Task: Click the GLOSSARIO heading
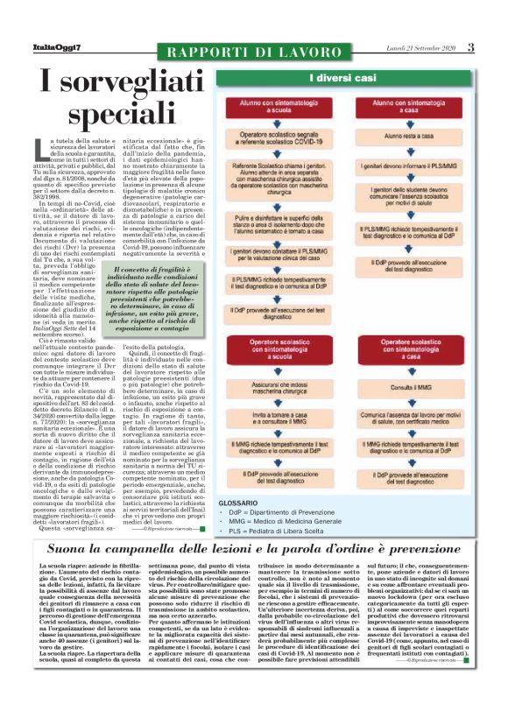pyautogui.click(x=236, y=504)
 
